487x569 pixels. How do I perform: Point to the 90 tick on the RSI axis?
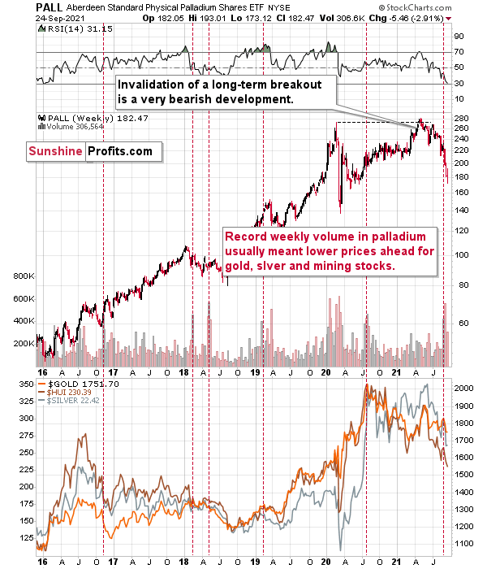(x=459, y=36)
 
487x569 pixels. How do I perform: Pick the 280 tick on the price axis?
(x=460, y=119)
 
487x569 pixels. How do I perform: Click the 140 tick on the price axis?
(x=460, y=210)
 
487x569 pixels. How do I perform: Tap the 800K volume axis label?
(x=21, y=276)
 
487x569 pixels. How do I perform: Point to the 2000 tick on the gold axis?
(x=463, y=389)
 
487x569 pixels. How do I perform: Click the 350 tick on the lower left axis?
(x=23, y=383)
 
